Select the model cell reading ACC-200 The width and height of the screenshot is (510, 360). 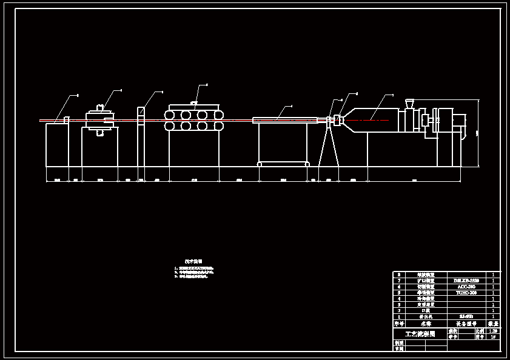466,287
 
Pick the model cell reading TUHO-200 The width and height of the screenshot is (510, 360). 466,293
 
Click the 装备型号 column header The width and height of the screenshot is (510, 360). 466,324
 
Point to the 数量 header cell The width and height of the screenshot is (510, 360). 493,324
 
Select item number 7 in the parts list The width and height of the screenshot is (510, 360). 398,281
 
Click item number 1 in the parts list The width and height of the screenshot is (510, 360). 398,316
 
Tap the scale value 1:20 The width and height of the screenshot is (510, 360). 494,332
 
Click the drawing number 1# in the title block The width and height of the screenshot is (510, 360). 494,337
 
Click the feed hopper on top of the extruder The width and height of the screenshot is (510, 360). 409,103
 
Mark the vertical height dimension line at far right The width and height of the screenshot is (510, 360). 478,133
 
